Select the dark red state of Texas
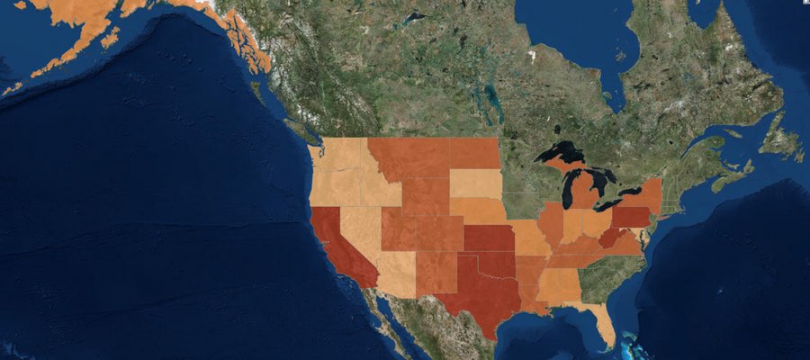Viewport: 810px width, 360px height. [x=477, y=297]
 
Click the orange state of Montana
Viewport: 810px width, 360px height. [x=409, y=158]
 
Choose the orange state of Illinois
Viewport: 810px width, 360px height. [x=552, y=225]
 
